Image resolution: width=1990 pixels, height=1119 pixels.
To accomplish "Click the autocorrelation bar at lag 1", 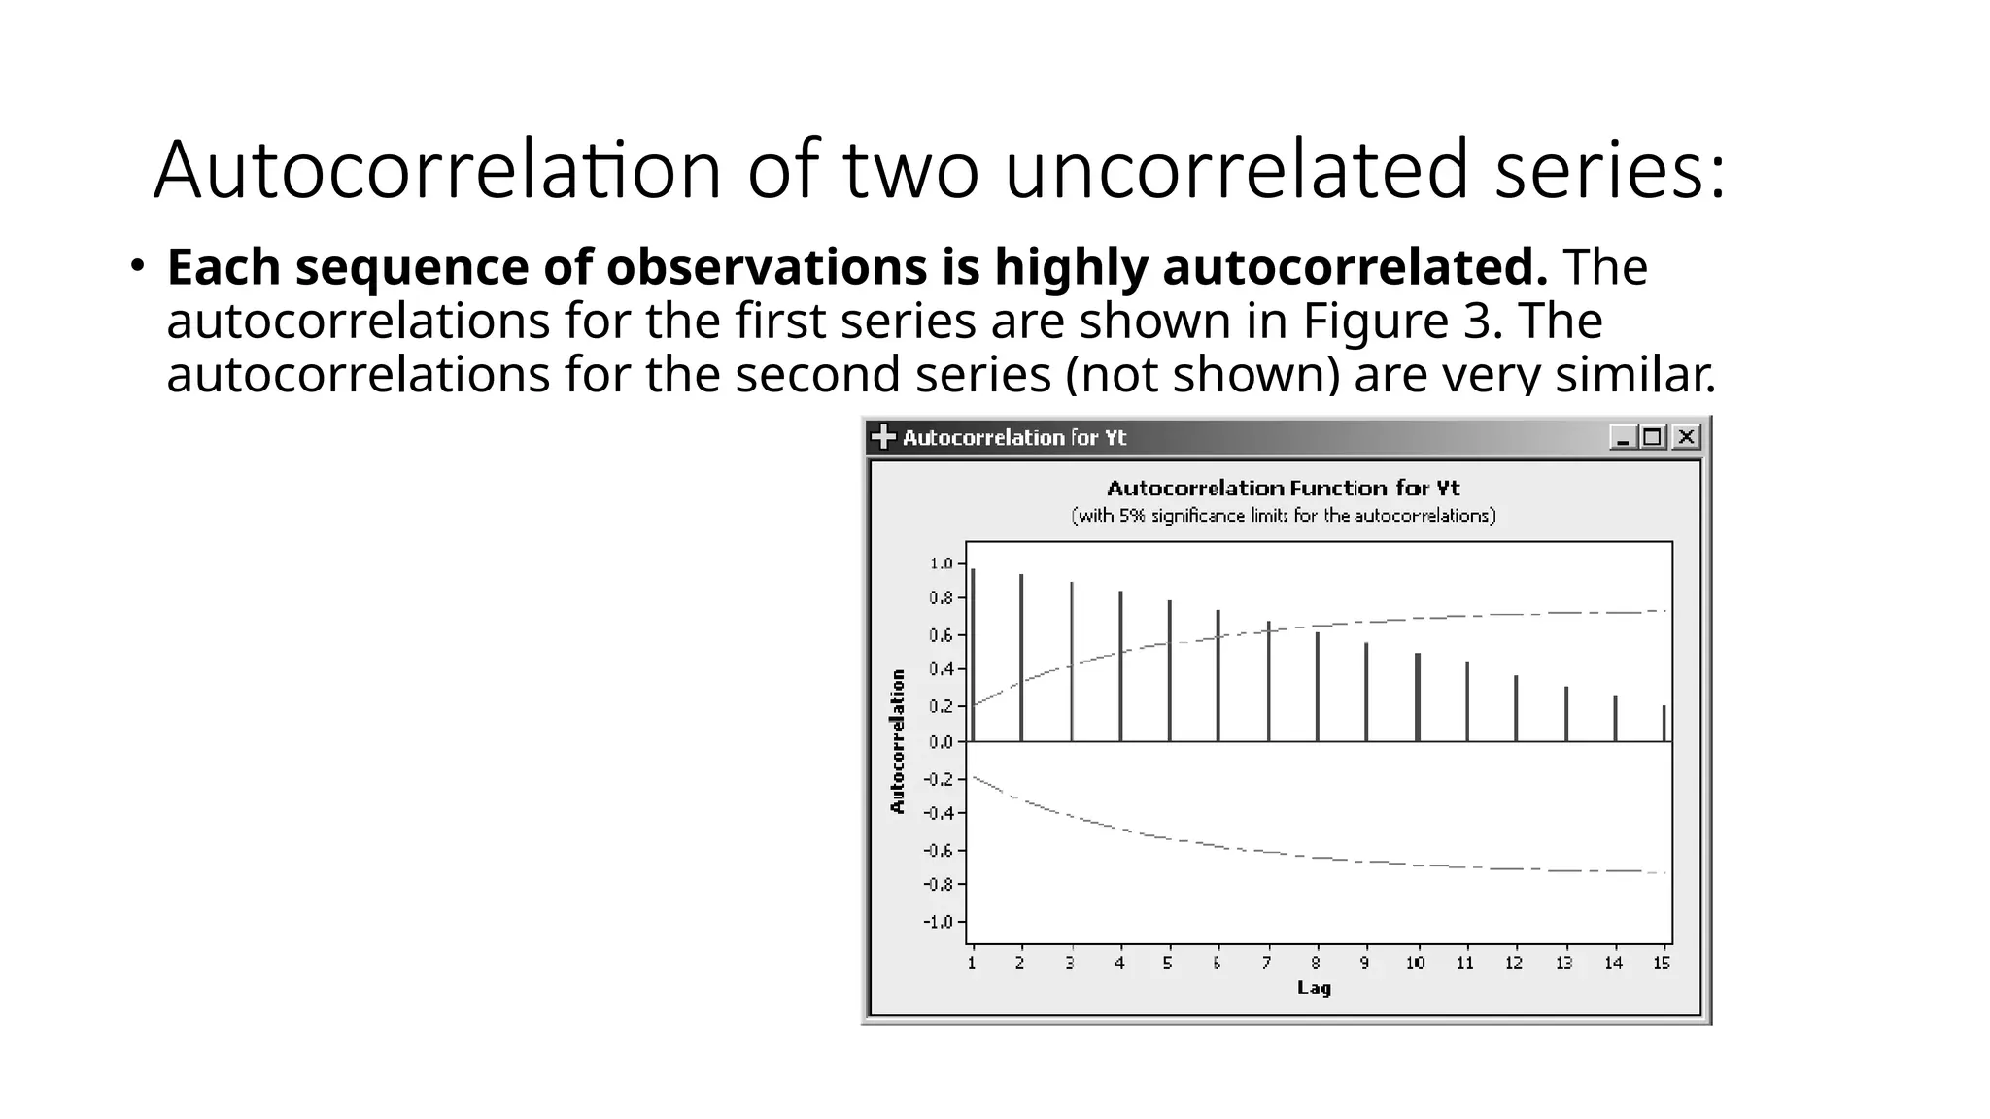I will tap(973, 656).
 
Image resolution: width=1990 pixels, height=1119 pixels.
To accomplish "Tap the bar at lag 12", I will tap(1516, 708).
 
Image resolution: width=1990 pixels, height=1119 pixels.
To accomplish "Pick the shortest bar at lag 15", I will tap(1664, 724).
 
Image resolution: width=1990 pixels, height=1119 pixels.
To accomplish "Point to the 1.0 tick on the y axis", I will tap(941, 563).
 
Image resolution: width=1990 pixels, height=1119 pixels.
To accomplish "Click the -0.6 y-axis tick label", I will tap(938, 851).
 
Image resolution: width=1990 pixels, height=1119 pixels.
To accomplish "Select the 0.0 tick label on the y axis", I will tap(941, 742).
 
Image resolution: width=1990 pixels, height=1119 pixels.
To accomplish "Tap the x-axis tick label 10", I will tap(1415, 963).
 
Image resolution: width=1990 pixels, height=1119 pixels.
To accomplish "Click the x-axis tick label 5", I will tap(1168, 963).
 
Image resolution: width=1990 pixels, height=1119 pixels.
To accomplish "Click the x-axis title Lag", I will tap(1314, 988).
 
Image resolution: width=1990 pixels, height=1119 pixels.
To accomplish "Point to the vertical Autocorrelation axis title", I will tap(898, 741).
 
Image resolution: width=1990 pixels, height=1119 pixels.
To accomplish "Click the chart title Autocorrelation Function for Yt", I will tap(1283, 488).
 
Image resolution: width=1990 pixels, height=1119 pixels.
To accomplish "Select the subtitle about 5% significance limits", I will tap(1283, 516).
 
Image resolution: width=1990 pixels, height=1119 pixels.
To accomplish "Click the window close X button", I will tap(1687, 437).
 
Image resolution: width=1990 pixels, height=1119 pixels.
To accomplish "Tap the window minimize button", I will tap(1622, 437).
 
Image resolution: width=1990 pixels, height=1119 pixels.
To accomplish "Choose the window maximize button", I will tap(1653, 437).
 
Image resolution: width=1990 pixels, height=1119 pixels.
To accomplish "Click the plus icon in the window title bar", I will tap(883, 437).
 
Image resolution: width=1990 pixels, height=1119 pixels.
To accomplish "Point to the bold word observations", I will tap(766, 267).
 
